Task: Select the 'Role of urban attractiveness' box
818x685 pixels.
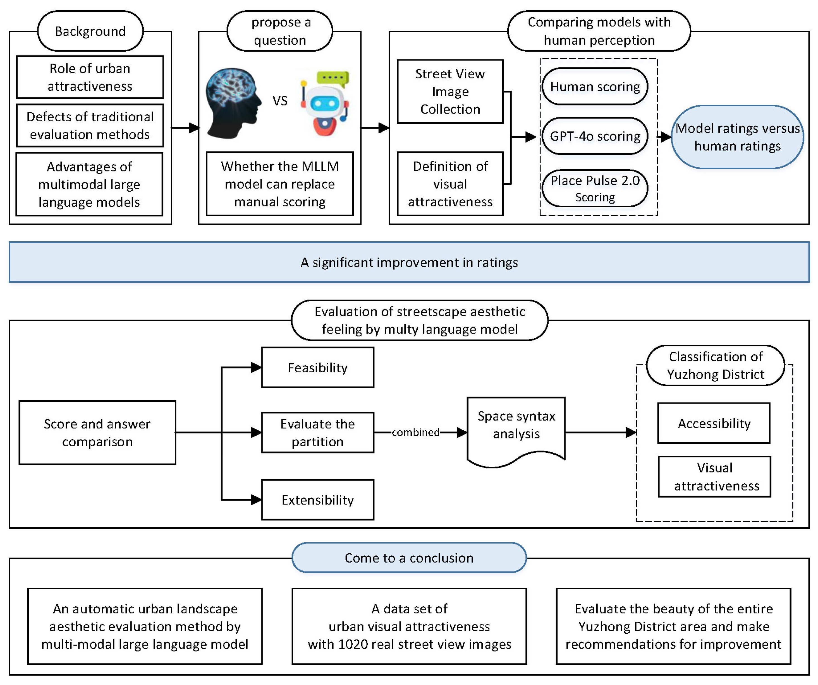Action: pos(90,77)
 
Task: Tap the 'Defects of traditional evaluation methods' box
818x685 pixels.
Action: pos(90,125)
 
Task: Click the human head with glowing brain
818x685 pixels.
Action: pos(233,103)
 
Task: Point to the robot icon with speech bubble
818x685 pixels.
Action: pos(325,103)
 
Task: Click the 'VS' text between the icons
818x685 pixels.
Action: pos(280,101)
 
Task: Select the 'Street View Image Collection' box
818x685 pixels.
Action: pos(450,91)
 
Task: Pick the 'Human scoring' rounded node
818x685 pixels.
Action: pos(595,86)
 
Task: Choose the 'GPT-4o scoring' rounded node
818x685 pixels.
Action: pos(595,136)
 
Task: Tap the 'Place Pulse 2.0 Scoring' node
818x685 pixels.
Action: pos(595,188)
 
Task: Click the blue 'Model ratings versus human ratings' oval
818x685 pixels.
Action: pos(737,137)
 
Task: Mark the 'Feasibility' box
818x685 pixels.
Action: pos(317,367)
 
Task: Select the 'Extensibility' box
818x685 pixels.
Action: pos(317,500)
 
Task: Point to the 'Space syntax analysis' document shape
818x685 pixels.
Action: pos(516,428)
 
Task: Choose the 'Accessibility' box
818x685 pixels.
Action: pos(714,423)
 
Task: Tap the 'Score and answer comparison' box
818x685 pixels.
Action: pos(97,432)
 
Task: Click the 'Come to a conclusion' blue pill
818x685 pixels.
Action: pos(409,558)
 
